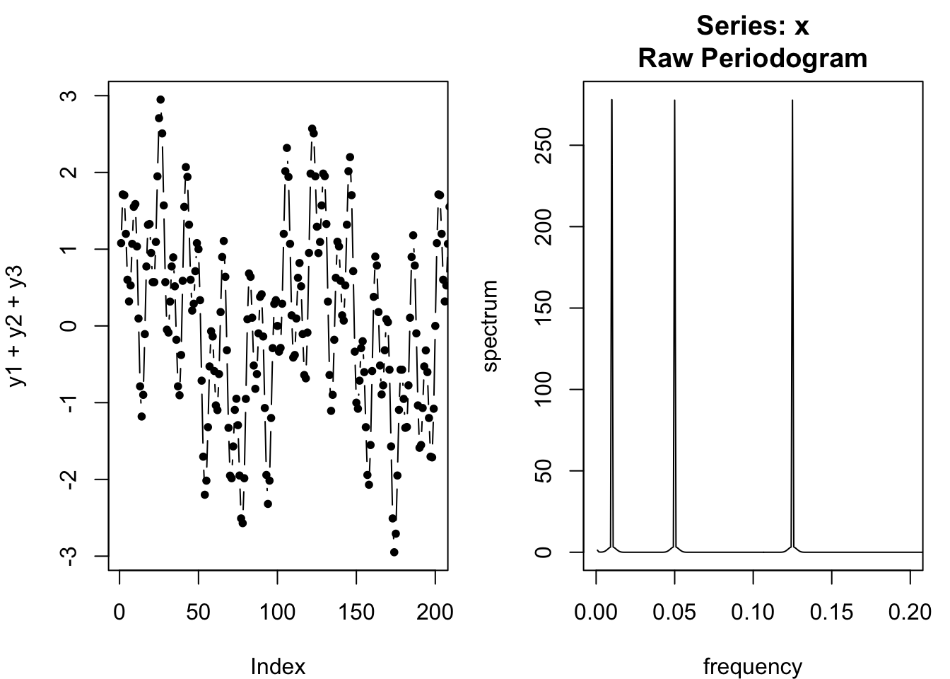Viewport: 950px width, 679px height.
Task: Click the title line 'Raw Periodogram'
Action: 752,58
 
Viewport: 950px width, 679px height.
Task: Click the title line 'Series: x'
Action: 752,25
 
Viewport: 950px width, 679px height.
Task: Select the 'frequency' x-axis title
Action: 753,666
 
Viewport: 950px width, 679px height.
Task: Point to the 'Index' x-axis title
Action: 278,666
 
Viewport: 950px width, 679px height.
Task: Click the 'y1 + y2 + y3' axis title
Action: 17,325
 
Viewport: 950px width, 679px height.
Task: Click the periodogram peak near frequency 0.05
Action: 675,100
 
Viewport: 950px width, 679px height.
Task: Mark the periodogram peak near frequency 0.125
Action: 792,100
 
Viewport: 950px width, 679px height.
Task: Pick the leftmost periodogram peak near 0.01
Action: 611,100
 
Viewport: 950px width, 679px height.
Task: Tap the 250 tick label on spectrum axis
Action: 543,145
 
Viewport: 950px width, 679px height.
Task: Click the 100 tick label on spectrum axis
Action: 543,389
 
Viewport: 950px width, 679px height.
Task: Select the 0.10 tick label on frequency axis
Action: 753,612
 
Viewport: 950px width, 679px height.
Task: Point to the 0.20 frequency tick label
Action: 910,612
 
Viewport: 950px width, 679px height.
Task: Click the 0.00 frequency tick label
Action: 596,612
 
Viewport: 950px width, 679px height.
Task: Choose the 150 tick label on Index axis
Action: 357,612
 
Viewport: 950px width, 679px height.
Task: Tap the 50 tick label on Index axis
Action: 199,612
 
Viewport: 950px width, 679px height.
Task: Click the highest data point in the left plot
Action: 160,100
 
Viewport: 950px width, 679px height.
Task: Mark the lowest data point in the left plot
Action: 394,552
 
